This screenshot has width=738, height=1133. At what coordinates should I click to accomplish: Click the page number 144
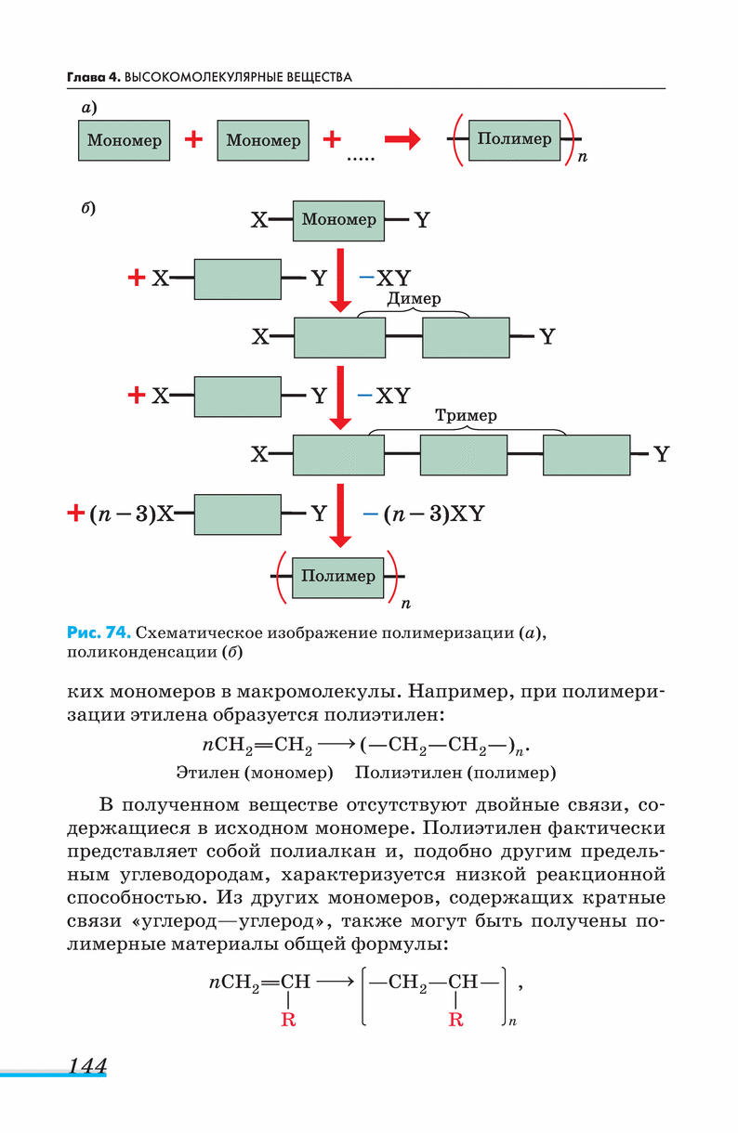pyautogui.click(x=86, y=1065)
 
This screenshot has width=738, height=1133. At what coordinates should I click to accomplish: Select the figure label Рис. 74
pyautogui.click(x=98, y=633)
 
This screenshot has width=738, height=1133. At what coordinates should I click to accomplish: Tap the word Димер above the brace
pyautogui.click(x=414, y=300)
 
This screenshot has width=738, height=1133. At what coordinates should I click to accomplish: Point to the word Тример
pyautogui.click(x=466, y=415)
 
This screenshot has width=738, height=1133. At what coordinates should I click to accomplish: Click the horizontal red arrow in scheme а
pyautogui.click(x=402, y=140)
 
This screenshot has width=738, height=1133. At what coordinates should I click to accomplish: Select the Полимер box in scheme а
pyautogui.click(x=514, y=139)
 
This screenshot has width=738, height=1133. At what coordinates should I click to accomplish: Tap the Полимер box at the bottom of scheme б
pyautogui.click(x=338, y=576)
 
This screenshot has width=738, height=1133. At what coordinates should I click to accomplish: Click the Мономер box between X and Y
pyautogui.click(x=339, y=220)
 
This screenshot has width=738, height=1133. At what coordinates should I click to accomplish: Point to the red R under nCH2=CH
pyautogui.click(x=288, y=1021)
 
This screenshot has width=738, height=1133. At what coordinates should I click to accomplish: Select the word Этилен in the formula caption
pyautogui.click(x=205, y=772)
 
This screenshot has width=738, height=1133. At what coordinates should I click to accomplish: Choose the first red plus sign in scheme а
pyautogui.click(x=193, y=140)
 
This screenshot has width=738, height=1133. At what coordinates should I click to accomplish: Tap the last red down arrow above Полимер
pyautogui.click(x=341, y=515)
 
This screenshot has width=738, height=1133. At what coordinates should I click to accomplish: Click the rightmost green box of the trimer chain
pyautogui.click(x=586, y=455)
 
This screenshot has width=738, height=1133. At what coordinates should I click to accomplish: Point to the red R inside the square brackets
pyautogui.click(x=455, y=1021)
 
